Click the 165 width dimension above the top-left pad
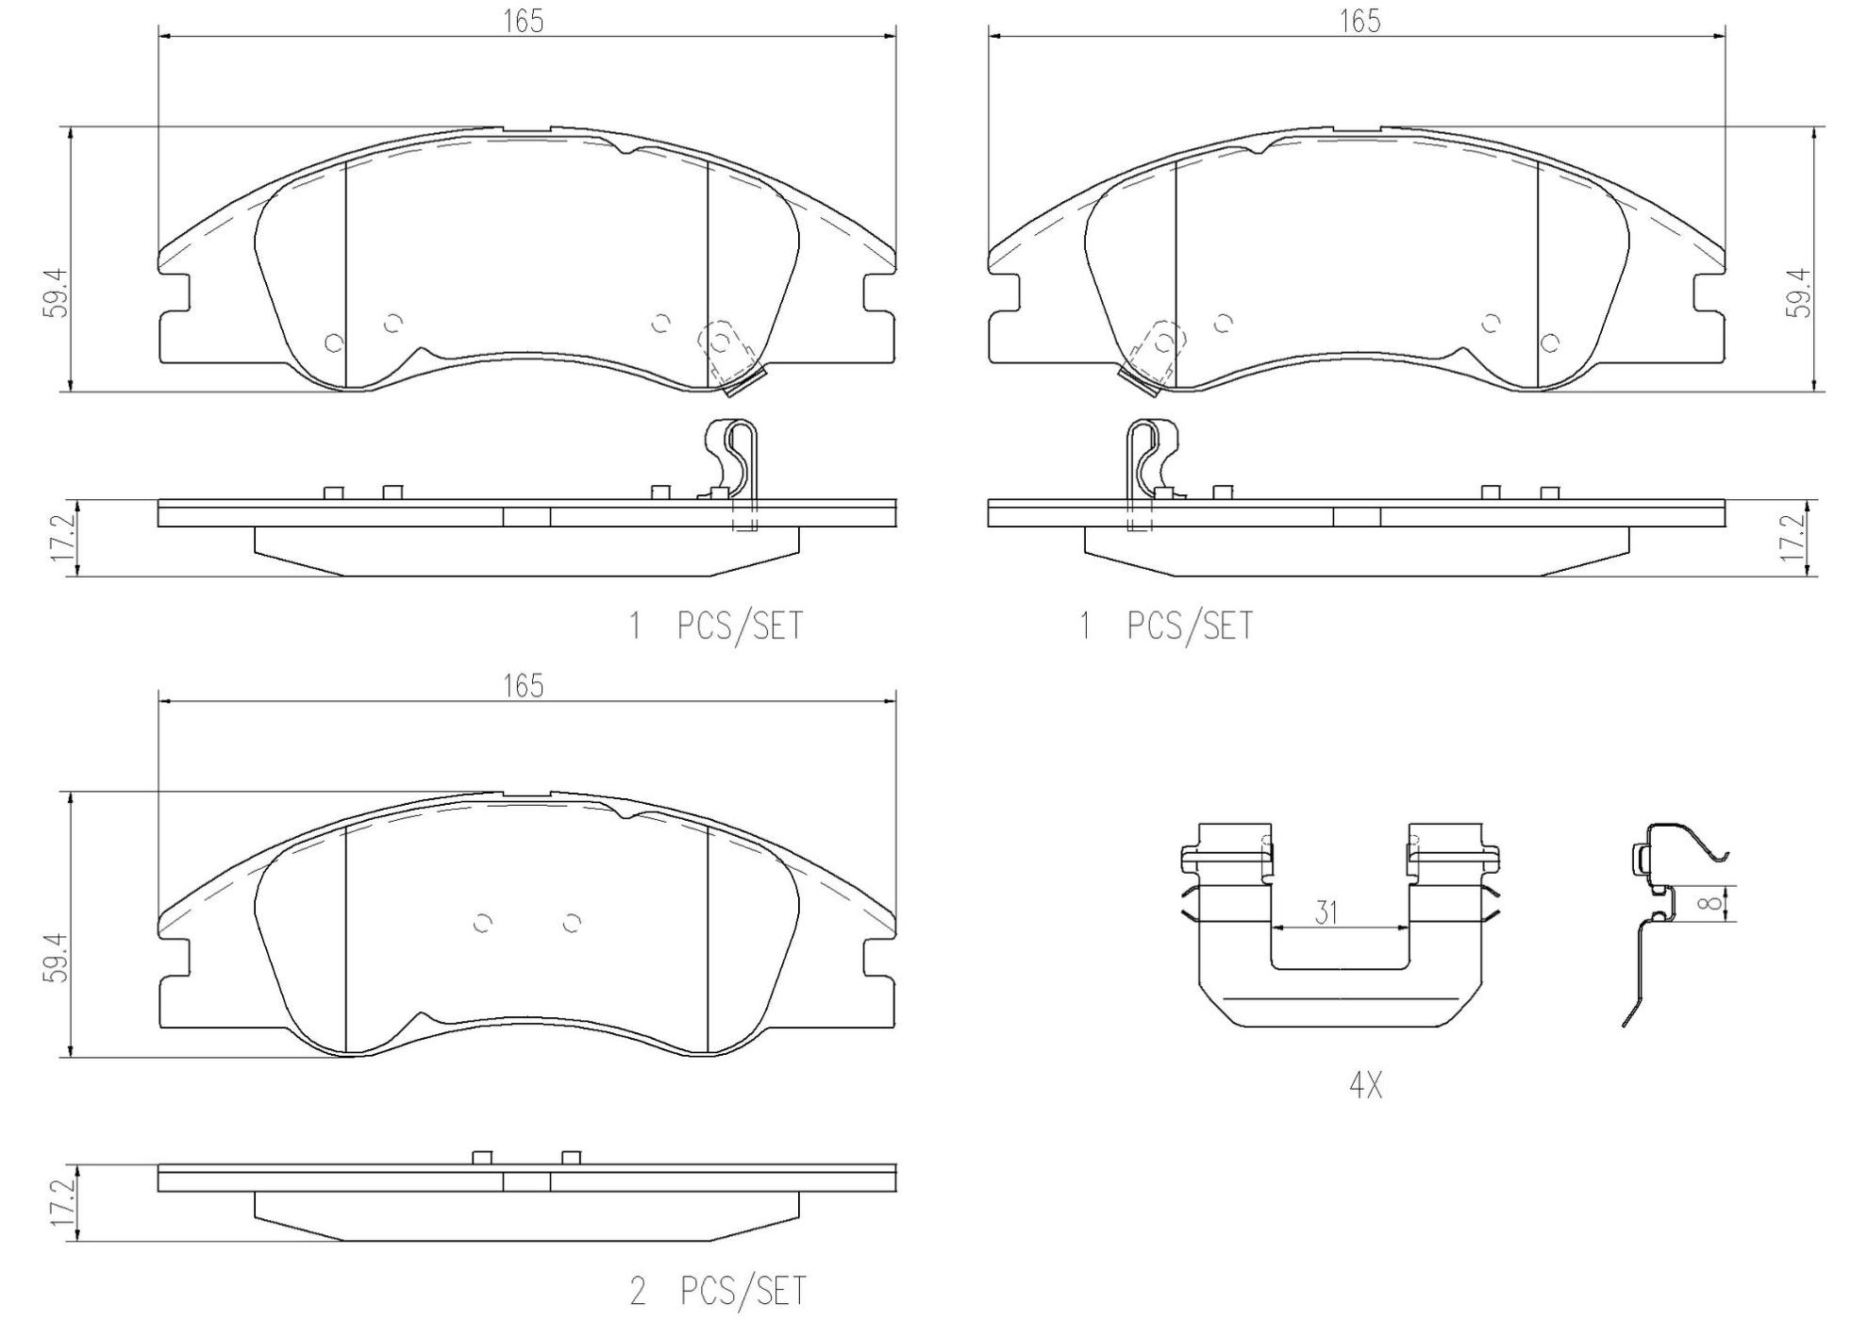pos(523,21)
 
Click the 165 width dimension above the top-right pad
pos(1359,21)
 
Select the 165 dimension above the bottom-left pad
pos(523,686)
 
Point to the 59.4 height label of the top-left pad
pos(56,292)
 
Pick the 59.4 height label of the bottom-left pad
pos(56,958)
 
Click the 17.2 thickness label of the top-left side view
pos(62,540)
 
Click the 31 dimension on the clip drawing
pos(1326,912)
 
